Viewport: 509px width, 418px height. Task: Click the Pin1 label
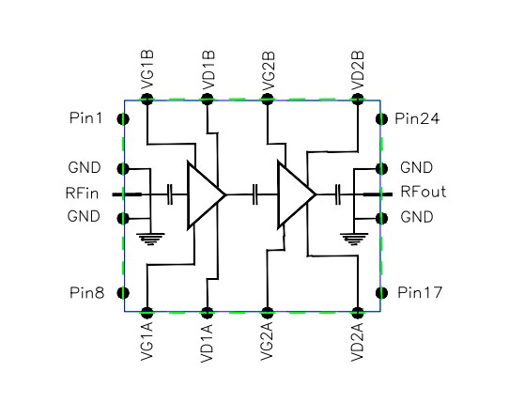(85, 119)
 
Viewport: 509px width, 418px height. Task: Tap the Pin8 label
(85, 291)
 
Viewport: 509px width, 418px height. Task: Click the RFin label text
(85, 194)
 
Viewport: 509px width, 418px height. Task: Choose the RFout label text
(423, 193)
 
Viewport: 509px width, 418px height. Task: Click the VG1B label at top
(148, 73)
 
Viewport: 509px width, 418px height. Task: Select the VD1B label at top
(208, 73)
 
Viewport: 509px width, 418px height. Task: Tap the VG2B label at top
(269, 73)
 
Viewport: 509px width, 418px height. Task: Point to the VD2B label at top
(358, 73)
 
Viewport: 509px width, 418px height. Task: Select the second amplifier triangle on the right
(294, 195)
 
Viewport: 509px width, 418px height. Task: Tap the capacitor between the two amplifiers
(254, 195)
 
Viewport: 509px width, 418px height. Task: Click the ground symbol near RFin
(148, 238)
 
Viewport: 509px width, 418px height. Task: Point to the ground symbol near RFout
(353, 238)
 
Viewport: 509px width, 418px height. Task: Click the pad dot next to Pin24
(382, 119)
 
